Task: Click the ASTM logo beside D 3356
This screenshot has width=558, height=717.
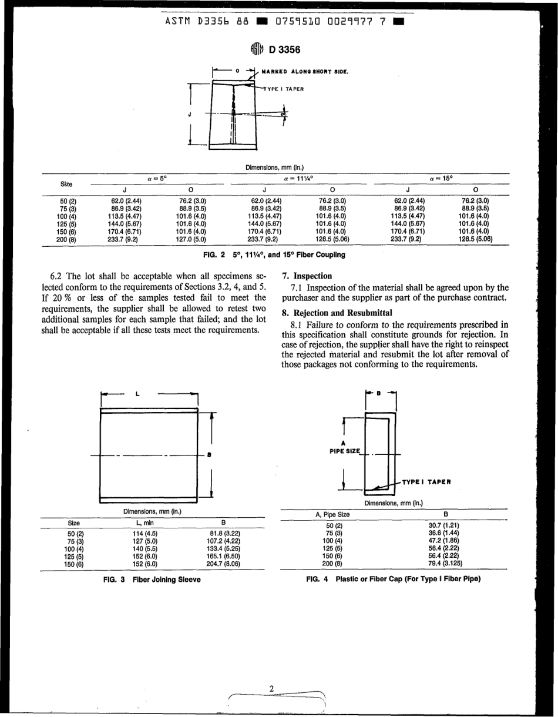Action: coord(256,49)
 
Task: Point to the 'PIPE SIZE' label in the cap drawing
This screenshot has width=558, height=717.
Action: coord(346,450)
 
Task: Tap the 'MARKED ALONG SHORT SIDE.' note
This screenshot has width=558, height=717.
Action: coord(305,72)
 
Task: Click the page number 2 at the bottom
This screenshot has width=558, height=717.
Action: coord(271,688)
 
